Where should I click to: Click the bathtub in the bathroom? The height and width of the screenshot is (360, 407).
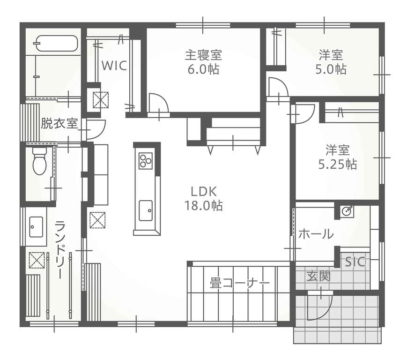pyautogui.click(x=57, y=44)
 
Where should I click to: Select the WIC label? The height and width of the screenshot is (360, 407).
pyautogui.click(x=114, y=66)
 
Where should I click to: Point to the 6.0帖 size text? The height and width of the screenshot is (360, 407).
pyautogui.click(x=203, y=69)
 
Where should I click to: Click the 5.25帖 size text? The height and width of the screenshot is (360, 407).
pyautogui.click(x=338, y=164)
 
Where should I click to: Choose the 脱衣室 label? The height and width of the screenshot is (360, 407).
pyautogui.click(x=59, y=123)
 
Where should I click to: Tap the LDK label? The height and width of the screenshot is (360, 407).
pyautogui.click(x=204, y=192)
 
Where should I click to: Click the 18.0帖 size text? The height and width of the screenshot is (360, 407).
pyautogui.click(x=204, y=206)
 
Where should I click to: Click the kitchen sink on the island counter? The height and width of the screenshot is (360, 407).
pyautogui.click(x=146, y=210)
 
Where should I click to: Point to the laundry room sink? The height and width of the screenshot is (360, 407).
pyautogui.click(x=36, y=227)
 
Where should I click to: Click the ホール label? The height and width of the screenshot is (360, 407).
pyautogui.click(x=316, y=234)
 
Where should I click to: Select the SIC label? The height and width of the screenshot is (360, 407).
pyautogui.click(x=355, y=262)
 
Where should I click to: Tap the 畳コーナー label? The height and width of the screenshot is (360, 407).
pyautogui.click(x=240, y=283)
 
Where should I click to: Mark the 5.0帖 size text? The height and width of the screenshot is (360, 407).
pyautogui.click(x=331, y=69)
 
